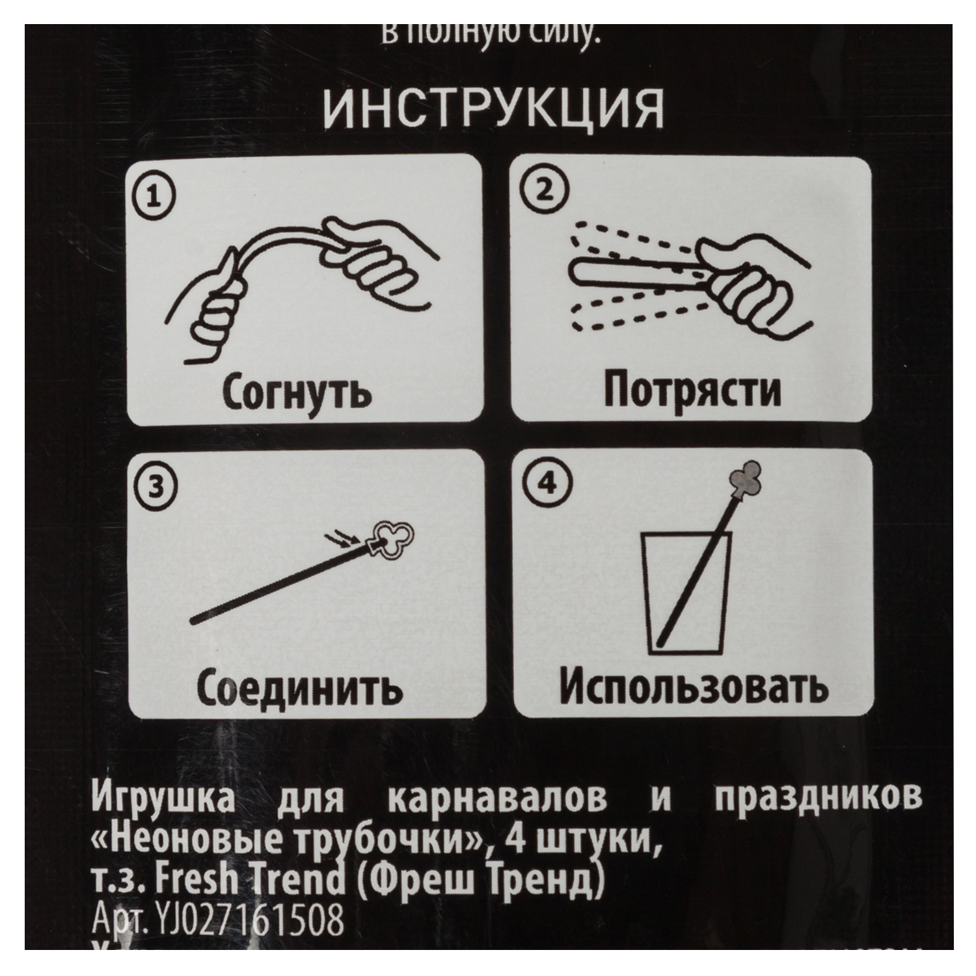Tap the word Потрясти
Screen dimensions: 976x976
point(691,390)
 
